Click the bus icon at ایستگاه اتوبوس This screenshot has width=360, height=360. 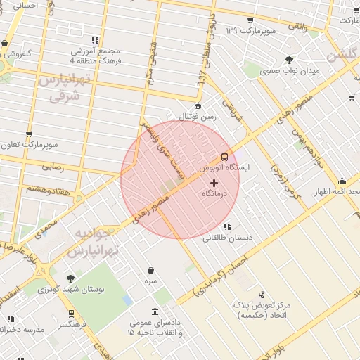click(224, 157)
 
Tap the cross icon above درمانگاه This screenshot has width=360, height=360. click(214, 183)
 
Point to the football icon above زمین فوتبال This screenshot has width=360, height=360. click(198, 106)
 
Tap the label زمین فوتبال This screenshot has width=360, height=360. click(199, 117)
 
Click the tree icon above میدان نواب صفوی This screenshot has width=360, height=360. click(289, 60)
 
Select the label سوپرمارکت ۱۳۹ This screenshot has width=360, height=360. click(262, 32)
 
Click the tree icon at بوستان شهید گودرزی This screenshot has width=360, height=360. click(70, 278)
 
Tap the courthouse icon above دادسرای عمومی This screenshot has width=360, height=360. click(155, 312)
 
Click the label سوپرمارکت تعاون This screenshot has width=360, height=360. click(28, 146)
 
